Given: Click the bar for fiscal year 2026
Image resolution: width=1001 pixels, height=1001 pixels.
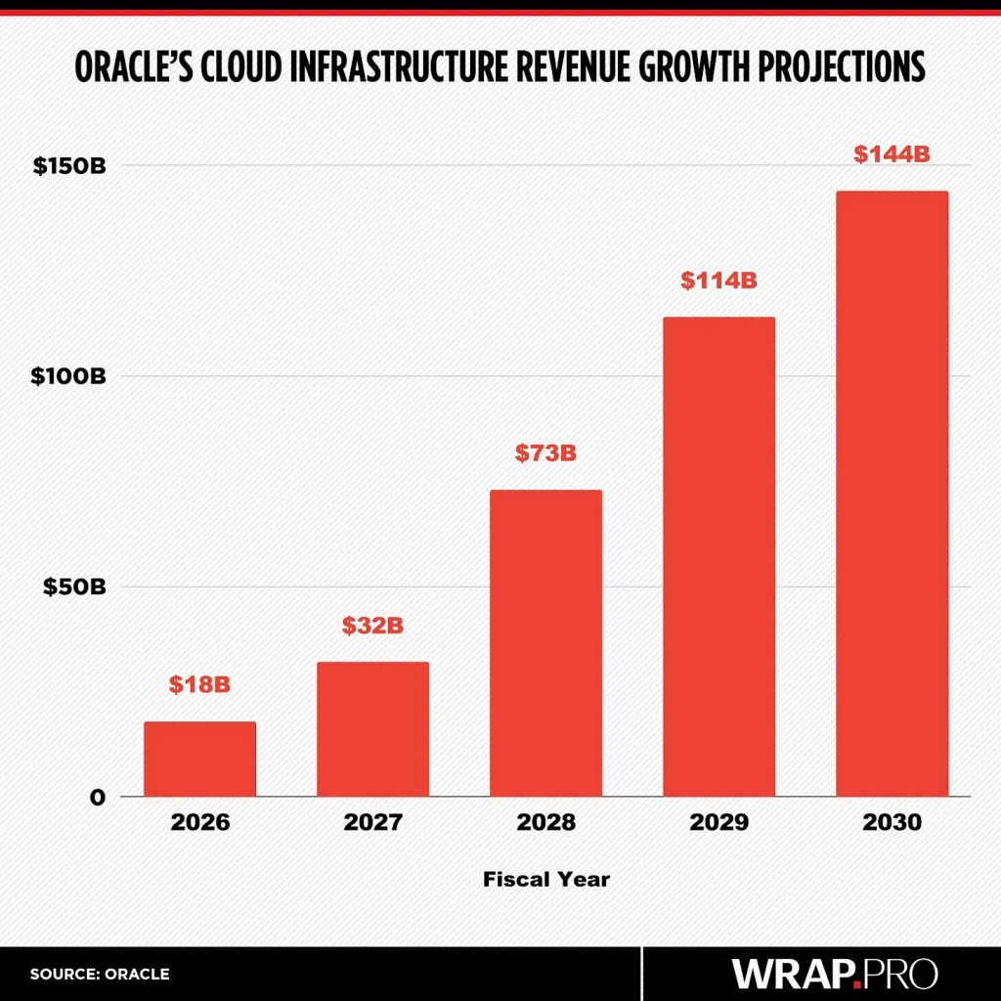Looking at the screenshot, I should tap(199, 759).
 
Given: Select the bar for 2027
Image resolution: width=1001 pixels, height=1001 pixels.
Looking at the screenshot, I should tap(372, 729).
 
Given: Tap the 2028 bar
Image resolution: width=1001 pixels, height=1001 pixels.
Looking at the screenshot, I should tap(545, 643).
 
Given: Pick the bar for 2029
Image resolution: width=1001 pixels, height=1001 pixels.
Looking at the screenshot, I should tap(718, 556).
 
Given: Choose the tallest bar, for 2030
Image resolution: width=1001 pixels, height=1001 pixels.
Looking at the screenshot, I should tap(892, 494).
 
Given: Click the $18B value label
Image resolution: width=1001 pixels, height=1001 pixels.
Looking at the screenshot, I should tap(199, 684).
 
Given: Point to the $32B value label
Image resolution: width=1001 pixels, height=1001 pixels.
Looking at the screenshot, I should tap(372, 626).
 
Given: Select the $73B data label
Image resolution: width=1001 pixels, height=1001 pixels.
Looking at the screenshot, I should tap(545, 454).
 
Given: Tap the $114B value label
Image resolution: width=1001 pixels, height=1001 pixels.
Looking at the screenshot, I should tap(718, 281).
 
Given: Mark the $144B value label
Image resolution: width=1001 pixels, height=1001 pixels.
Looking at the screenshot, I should tap(892, 154).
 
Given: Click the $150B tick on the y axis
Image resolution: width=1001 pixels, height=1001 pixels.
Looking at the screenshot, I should tap(69, 166).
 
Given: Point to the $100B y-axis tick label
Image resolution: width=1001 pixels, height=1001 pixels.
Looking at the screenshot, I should tap(69, 376).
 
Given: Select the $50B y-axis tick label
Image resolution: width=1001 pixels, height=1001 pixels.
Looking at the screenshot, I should tap(74, 587).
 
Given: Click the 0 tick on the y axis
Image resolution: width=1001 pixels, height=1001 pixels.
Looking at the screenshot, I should tap(97, 797).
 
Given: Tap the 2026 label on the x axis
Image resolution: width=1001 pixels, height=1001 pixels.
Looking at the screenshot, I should tap(199, 822).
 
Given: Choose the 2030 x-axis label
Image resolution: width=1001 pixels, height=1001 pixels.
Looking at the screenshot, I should tap(892, 822).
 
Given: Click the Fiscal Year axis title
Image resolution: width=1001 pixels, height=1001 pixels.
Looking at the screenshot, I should tap(545, 880).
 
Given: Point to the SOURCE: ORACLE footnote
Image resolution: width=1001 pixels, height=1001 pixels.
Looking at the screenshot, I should tap(100, 974).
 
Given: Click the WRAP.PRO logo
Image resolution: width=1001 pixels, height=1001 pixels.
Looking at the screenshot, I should tap(835, 974).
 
